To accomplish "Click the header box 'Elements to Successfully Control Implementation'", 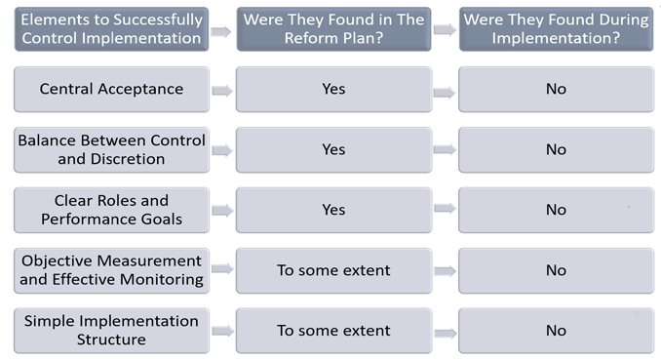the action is point(112,29).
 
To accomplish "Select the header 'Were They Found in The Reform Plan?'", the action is point(333,29).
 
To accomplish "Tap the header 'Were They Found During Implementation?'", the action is point(556,29).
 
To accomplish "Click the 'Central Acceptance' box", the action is point(112,89).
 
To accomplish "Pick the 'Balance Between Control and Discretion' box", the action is point(112,150).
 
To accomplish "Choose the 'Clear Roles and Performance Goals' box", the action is point(112,210).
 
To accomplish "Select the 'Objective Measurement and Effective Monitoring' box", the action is point(112,270).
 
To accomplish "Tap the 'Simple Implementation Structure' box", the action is point(112,331).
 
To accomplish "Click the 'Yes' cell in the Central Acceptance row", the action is point(333,89).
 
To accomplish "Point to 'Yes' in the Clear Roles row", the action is point(333,210).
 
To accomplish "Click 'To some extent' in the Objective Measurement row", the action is point(333,270).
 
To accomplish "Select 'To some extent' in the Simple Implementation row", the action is point(333,331).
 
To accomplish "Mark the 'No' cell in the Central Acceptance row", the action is point(556,89).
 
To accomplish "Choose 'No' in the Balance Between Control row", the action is point(556,150).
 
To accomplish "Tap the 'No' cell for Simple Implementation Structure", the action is point(556,331).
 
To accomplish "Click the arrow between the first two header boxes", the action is point(221,31).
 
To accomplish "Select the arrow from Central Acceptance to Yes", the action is point(222,91).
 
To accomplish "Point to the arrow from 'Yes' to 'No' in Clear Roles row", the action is point(445,208).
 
